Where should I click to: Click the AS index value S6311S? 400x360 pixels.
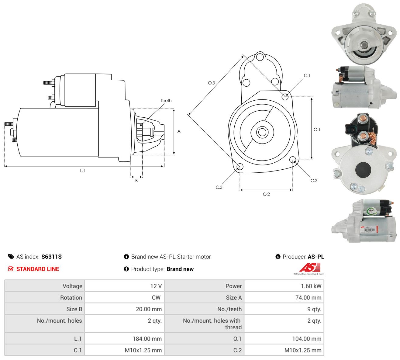click(51, 257)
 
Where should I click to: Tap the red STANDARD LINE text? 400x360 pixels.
click(38, 269)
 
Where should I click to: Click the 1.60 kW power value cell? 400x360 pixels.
click(284, 286)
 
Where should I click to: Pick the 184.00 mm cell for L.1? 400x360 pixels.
click(124, 338)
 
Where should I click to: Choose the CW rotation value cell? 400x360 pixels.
click(124, 297)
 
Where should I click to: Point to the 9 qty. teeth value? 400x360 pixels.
click(314, 309)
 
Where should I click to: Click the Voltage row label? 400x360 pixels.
click(72, 286)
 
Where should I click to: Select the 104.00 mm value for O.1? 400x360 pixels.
click(307, 338)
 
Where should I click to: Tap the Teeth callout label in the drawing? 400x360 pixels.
click(166, 101)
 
